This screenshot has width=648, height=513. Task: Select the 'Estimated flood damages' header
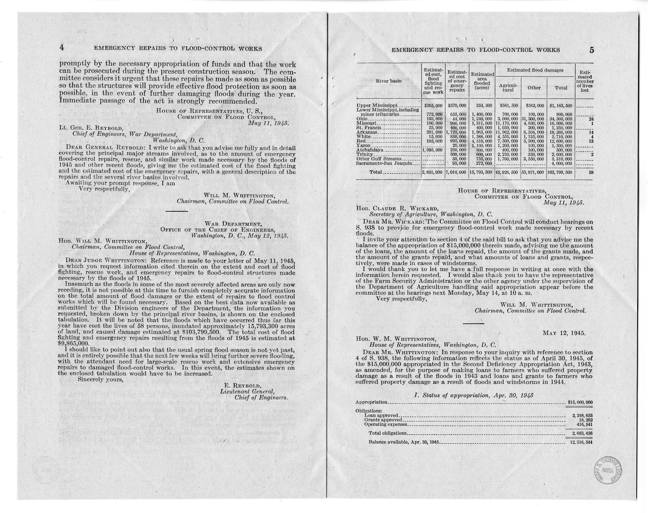pos(534,70)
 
